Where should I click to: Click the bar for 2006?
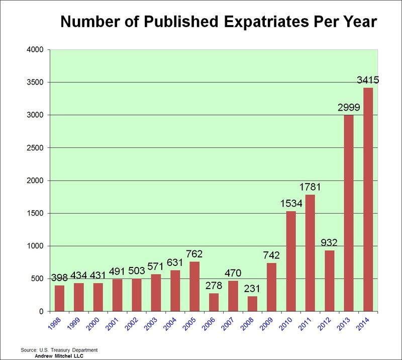(214, 302)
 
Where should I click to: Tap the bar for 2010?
(291, 261)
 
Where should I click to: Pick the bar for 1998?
(59, 299)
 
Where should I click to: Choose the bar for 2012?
(330, 281)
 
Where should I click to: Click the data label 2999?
(348, 108)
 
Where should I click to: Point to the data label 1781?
(310, 187)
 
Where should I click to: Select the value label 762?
(194, 254)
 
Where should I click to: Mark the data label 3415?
(368, 80)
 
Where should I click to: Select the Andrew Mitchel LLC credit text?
(58, 355)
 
